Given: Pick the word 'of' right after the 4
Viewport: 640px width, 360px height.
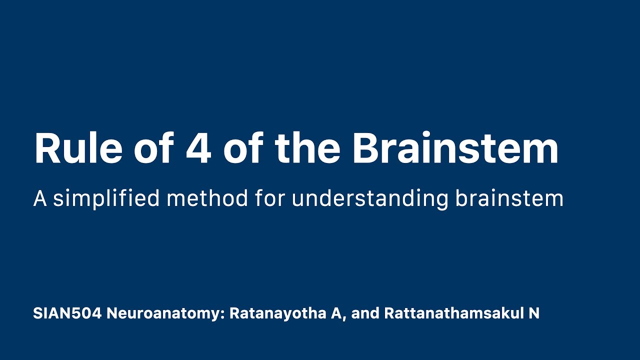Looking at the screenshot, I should (243, 148).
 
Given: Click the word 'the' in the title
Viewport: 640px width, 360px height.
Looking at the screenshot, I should (307, 148).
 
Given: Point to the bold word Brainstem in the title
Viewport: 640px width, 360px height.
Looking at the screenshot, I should (455, 148).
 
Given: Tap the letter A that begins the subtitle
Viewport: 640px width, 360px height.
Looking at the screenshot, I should (39, 198).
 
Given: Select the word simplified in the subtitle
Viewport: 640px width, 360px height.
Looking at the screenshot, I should (106, 198).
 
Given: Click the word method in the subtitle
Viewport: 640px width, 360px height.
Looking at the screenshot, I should (207, 198).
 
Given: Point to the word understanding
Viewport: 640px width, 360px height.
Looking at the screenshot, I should (370, 198).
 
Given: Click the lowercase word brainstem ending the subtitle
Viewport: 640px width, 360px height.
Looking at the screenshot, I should (509, 198).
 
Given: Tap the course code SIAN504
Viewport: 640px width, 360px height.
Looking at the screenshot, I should (67, 313).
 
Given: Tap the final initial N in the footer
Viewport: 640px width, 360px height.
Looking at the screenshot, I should (534, 313).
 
